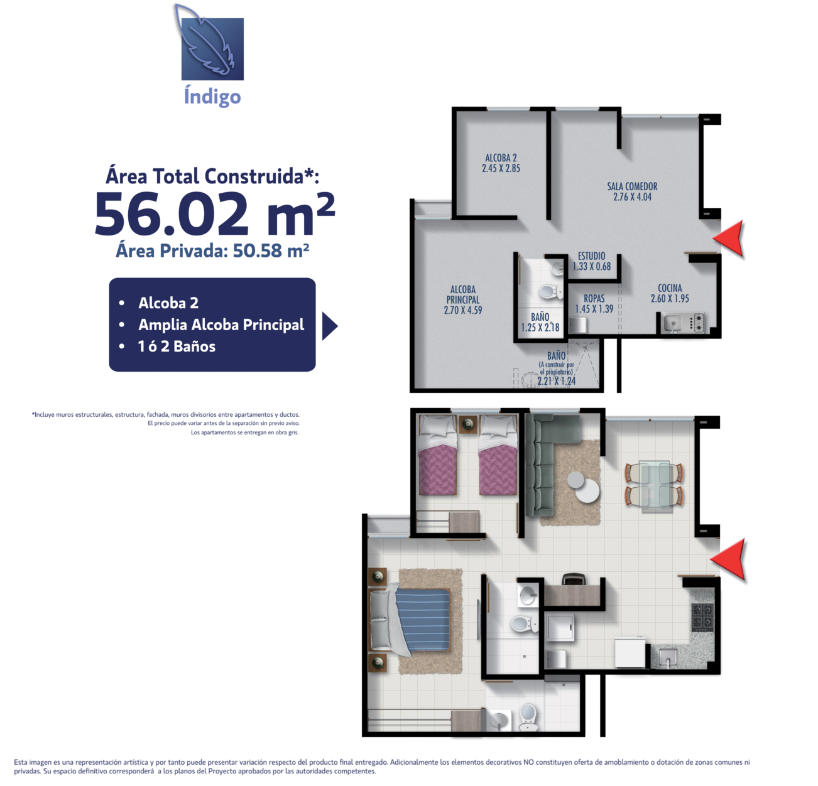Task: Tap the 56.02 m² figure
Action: pyautogui.click(x=215, y=214)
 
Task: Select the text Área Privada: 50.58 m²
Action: pyautogui.click(x=213, y=250)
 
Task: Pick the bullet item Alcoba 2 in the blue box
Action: pyautogui.click(x=168, y=303)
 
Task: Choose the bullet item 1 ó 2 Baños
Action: pyautogui.click(x=177, y=347)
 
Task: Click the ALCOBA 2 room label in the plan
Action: pyautogui.click(x=501, y=163)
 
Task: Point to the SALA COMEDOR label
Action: pyautogui.click(x=632, y=191)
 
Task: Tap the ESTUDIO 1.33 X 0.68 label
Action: pyautogui.click(x=591, y=261)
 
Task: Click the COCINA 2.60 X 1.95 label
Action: pyautogui.click(x=670, y=293)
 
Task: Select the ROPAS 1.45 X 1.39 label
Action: pyautogui.click(x=594, y=304)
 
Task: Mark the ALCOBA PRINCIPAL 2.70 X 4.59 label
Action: pyautogui.click(x=463, y=300)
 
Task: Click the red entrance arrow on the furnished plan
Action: pyautogui.click(x=728, y=559)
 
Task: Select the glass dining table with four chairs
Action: pyautogui.click(x=653, y=485)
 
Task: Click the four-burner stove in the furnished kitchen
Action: pyautogui.click(x=703, y=617)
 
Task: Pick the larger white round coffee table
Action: pyautogui.click(x=587, y=490)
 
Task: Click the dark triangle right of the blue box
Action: pyautogui.click(x=330, y=326)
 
